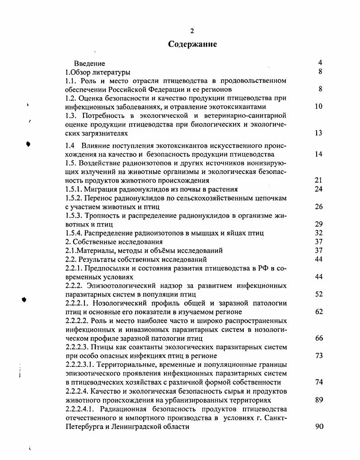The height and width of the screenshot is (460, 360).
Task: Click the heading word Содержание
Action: coord(192,44)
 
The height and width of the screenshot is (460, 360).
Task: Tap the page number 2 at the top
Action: coord(192,31)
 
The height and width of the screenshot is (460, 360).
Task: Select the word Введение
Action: coord(89,64)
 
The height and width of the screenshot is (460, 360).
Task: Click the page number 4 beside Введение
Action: coord(320,63)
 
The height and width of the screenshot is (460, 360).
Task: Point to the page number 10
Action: coord(318,107)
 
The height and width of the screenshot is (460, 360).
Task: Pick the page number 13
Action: coord(318,133)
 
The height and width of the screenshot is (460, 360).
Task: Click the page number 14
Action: coord(318,154)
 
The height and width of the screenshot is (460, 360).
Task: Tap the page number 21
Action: coord(318,180)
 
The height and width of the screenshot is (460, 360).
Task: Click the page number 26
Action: coord(318,207)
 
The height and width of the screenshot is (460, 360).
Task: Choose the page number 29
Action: coord(318,224)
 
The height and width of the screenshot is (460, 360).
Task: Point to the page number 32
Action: coord(318,233)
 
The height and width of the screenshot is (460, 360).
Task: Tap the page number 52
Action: coord(318,294)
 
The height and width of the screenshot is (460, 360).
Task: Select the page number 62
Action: coord(318,312)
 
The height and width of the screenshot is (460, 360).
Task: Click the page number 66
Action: coord(318,338)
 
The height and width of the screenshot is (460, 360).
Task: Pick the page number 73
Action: coord(318,356)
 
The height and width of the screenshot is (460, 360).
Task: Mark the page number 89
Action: coord(318,399)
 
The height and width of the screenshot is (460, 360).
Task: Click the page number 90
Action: coord(318,426)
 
